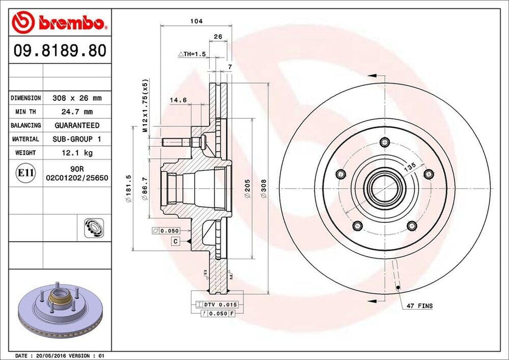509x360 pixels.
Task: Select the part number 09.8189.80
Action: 60,51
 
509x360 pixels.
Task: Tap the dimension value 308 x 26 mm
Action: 77,98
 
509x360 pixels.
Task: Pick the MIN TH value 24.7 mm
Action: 77,112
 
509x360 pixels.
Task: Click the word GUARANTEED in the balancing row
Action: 77,125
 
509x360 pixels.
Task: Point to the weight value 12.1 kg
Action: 77,153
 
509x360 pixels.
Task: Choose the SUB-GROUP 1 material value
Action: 77,139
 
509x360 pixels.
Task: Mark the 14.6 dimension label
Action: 178,100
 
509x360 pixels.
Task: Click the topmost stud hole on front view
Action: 384,142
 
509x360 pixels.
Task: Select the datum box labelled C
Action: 175,241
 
